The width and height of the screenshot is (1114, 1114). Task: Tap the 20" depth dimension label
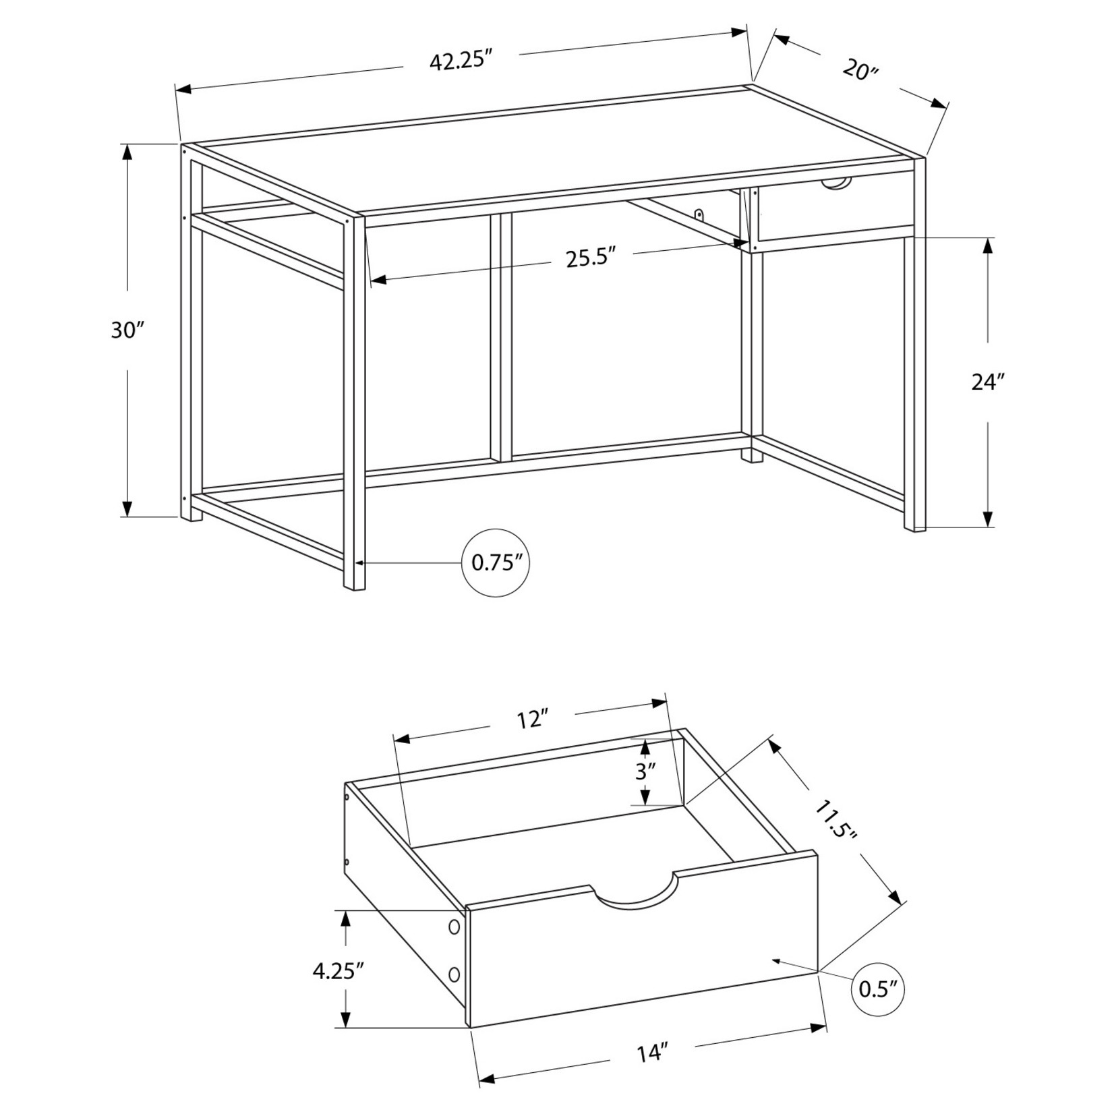(x=860, y=69)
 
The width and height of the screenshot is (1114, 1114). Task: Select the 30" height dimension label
(x=128, y=330)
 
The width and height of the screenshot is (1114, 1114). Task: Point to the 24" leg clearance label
(x=988, y=382)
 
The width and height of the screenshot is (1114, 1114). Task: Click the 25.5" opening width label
(x=592, y=258)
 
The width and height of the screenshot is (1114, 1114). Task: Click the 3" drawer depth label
(x=645, y=771)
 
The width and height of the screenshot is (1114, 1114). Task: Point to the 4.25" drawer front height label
(x=339, y=970)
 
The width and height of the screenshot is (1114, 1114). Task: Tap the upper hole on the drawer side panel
(x=454, y=927)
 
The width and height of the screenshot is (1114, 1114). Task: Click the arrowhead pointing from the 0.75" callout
(x=360, y=562)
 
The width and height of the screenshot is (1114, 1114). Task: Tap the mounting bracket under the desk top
(x=701, y=214)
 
